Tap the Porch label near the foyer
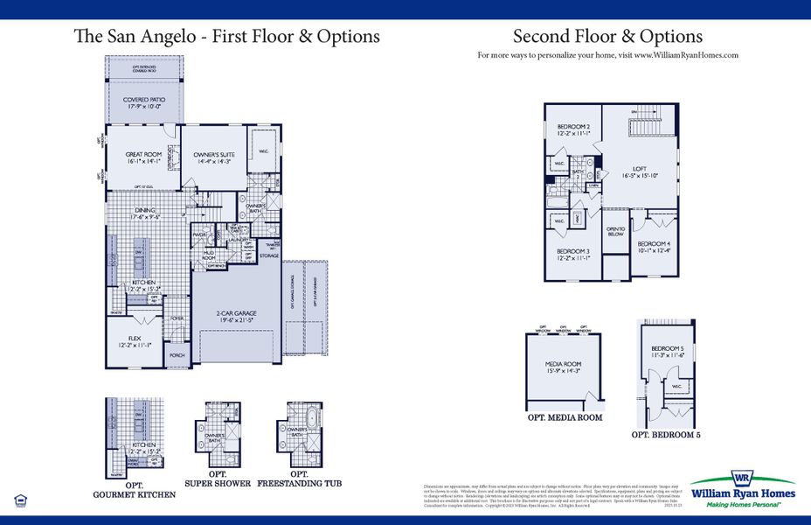(177, 355)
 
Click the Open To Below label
(615, 231)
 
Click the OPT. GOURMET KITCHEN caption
(134, 490)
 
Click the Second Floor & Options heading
(607, 37)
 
